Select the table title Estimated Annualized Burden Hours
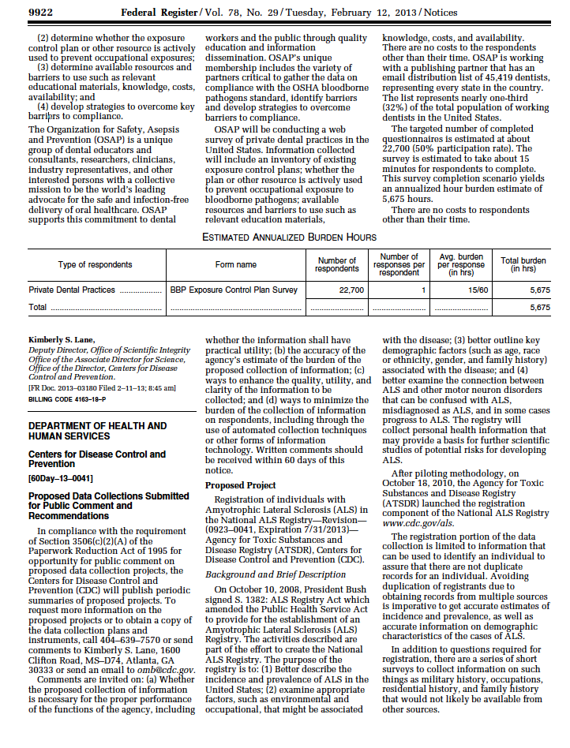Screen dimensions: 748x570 [x=289, y=237]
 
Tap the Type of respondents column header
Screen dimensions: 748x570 [x=95, y=264]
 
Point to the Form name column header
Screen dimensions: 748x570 [x=235, y=264]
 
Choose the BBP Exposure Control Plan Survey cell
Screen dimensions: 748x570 [x=234, y=290]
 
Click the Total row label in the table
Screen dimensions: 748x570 [x=38, y=307]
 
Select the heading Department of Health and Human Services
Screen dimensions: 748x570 [x=97, y=431]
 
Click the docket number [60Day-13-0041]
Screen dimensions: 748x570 [x=60, y=478]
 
